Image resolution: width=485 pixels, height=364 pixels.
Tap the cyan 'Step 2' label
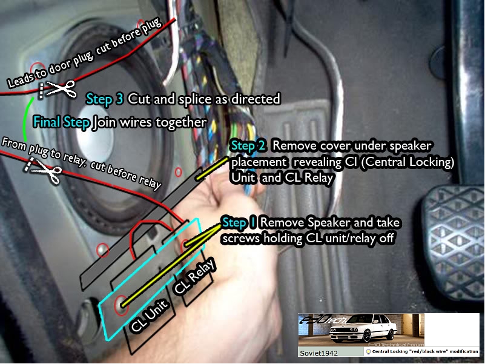[x=248, y=145]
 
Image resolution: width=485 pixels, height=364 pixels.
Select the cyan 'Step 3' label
[x=105, y=99]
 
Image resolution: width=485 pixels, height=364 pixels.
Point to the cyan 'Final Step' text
[x=61, y=122]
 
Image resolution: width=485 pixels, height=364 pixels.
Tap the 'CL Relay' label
[x=194, y=276]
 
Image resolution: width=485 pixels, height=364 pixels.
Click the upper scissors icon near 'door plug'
[x=62, y=89]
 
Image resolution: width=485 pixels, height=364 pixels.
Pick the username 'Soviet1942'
[x=318, y=353]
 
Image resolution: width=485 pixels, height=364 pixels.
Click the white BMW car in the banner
[x=363, y=328]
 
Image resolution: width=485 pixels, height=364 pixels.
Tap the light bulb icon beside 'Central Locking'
[x=368, y=352]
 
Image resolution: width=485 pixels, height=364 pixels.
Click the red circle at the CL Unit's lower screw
[x=121, y=305]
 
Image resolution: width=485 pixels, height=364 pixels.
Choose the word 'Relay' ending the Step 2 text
[x=318, y=177]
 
